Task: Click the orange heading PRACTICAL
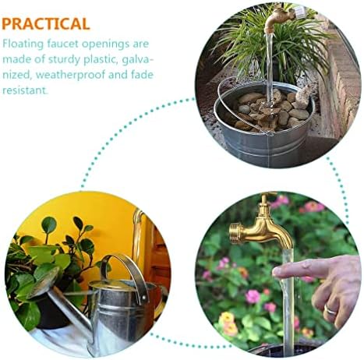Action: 46,23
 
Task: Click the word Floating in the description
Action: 23,44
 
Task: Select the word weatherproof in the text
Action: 70,75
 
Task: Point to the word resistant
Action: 25,90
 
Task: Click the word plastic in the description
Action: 101,59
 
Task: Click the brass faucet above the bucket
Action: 281,17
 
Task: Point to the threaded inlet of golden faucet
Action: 237,229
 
